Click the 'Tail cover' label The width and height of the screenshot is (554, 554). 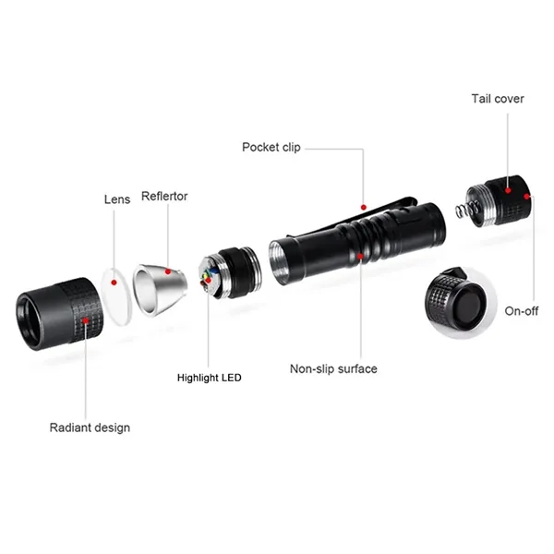click(x=498, y=99)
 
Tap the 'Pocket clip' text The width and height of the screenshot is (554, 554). click(x=271, y=147)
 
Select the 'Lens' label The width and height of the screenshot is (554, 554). click(x=117, y=199)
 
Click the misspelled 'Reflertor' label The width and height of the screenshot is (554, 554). click(x=164, y=196)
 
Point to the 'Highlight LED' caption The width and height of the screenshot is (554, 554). click(x=210, y=378)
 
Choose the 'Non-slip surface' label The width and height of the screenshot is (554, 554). click(x=333, y=368)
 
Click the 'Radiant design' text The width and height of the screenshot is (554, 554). click(x=90, y=428)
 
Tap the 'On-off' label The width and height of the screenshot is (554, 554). click(x=521, y=311)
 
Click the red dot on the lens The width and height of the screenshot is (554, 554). click(x=114, y=283)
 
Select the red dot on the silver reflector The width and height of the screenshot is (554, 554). click(x=168, y=271)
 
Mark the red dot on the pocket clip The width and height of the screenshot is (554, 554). click(x=364, y=207)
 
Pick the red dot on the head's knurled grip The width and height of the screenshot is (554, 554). click(x=85, y=320)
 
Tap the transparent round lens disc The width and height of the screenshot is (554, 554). click(x=117, y=296)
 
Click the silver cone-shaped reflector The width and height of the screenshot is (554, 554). click(x=159, y=289)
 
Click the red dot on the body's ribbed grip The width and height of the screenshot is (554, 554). click(x=360, y=256)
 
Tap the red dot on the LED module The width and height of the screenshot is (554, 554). click(x=209, y=280)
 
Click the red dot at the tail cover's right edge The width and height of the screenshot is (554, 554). click(x=527, y=196)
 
